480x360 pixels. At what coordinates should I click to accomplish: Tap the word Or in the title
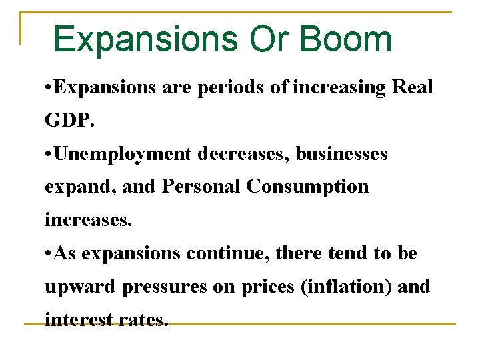click(x=267, y=39)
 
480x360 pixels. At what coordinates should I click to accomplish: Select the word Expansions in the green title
click(x=144, y=39)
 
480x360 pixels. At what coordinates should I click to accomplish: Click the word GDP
click(x=69, y=121)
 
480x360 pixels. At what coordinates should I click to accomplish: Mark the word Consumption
click(x=307, y=187)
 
